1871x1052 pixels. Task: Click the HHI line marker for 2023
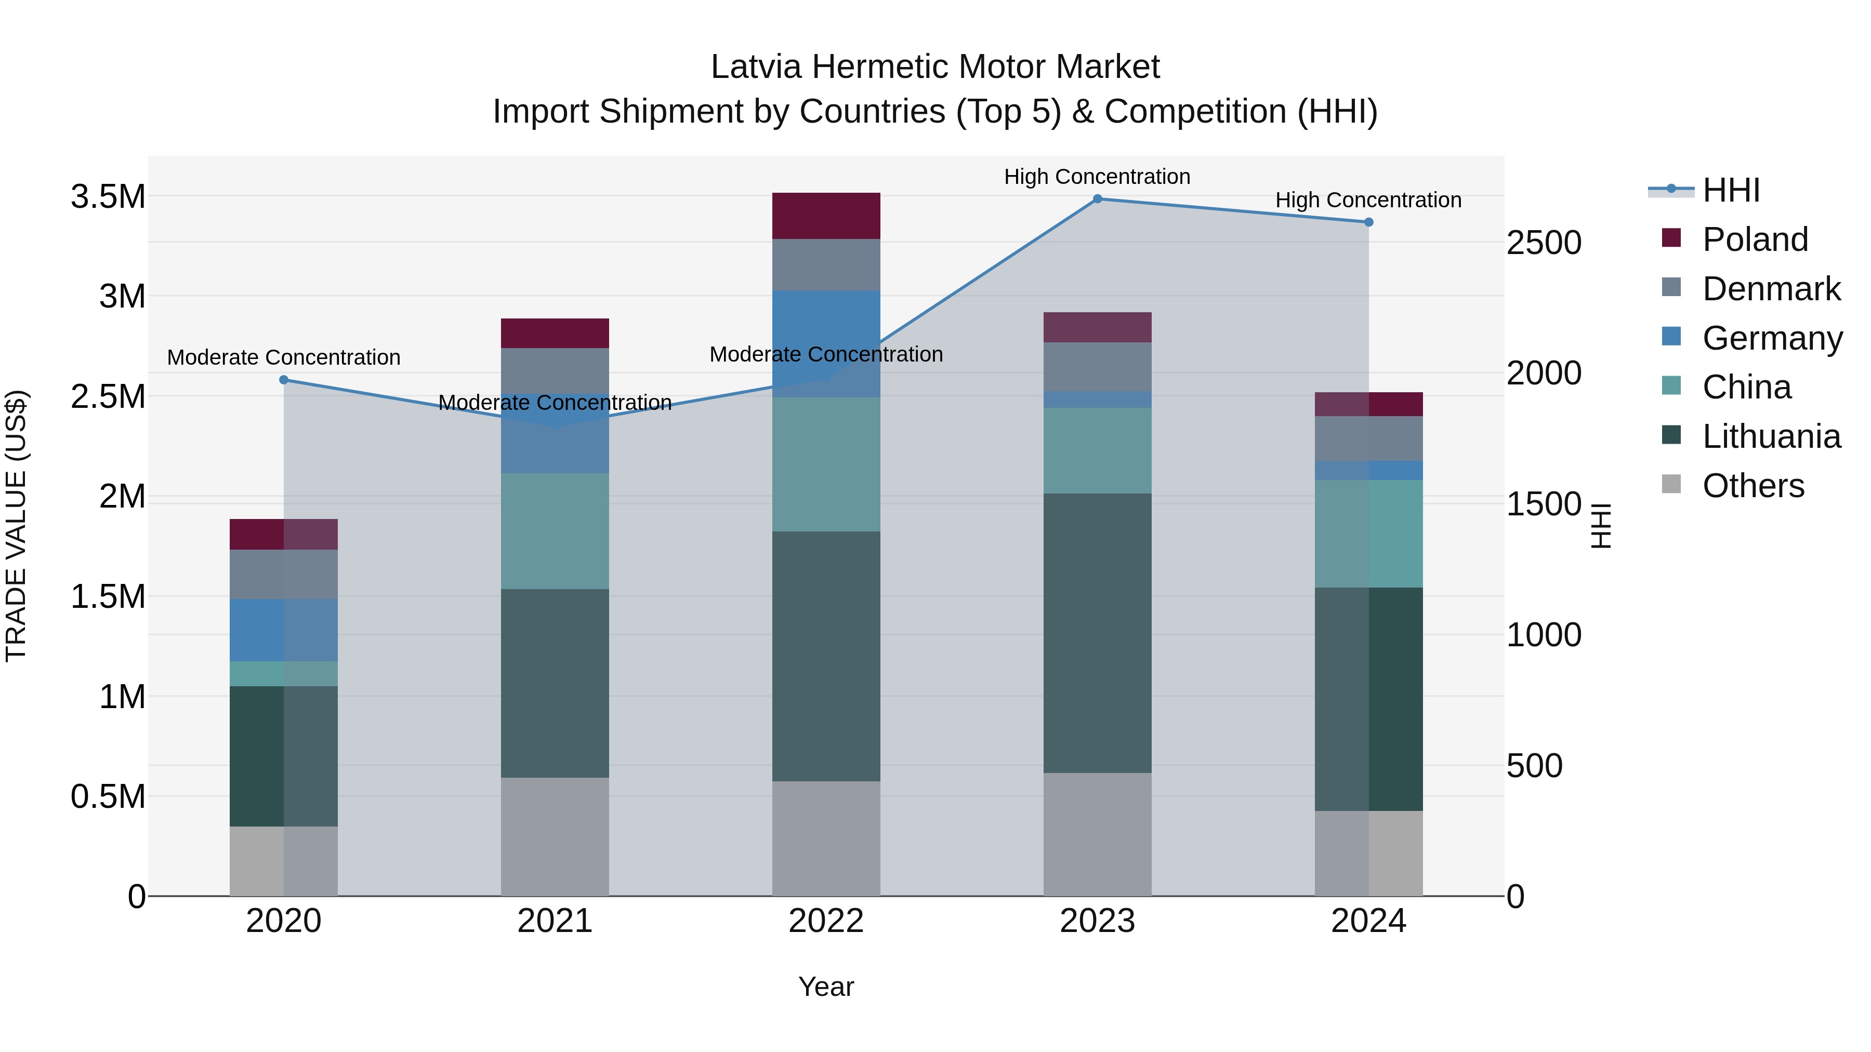pyautogui.click(x=1098, y=199)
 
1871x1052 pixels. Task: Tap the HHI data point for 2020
pyautogui.click(x=284, y=380)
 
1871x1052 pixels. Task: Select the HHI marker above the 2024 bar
pyautogui.click(x=1368, y=222)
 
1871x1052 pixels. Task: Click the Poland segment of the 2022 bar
pyautogui.click(x=826, y=216)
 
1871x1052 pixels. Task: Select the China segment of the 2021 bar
pyautogui.click(x=555, y=531)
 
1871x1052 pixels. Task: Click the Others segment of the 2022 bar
pyautogui.click(x=826, y=838)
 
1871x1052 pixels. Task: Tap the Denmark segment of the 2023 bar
pyautogui.click(x=1098, y=367)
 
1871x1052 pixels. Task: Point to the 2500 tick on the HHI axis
pyautogui.click(x=1544, y=243)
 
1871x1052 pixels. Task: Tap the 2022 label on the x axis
pyautogui.click(x=826, y=921)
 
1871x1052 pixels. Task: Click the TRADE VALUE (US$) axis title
pyautogui.click(x=16, y=526)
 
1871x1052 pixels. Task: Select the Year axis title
pyautogui.click(x=826, y=987)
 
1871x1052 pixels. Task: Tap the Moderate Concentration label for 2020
pyautogui.click(x=284, y=357)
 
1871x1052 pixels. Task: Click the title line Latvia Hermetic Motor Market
pyautogui.click(x=935, y=67)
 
